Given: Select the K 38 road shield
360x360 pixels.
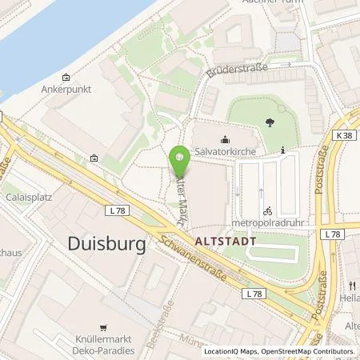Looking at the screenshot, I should tap(344, 136).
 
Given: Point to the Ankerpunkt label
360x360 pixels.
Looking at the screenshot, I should tap(63, 90).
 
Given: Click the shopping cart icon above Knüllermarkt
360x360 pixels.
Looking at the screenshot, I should tap(102, 327).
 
